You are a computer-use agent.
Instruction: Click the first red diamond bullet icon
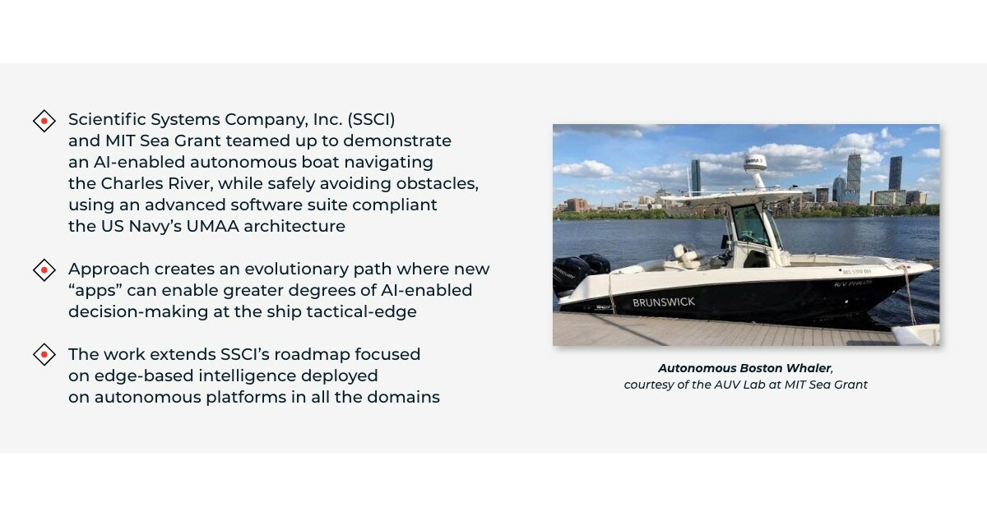coord(44,121)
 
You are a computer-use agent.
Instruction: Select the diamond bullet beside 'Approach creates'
coord(44,270)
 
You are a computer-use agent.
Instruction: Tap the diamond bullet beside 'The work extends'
coord(44,355)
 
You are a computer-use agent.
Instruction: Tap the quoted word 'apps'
coord(95,290)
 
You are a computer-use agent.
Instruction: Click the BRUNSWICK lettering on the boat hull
coord(663,302)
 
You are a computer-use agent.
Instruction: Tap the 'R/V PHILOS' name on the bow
coord(852,283)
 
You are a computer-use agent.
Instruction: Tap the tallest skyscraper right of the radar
coord(895,174)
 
